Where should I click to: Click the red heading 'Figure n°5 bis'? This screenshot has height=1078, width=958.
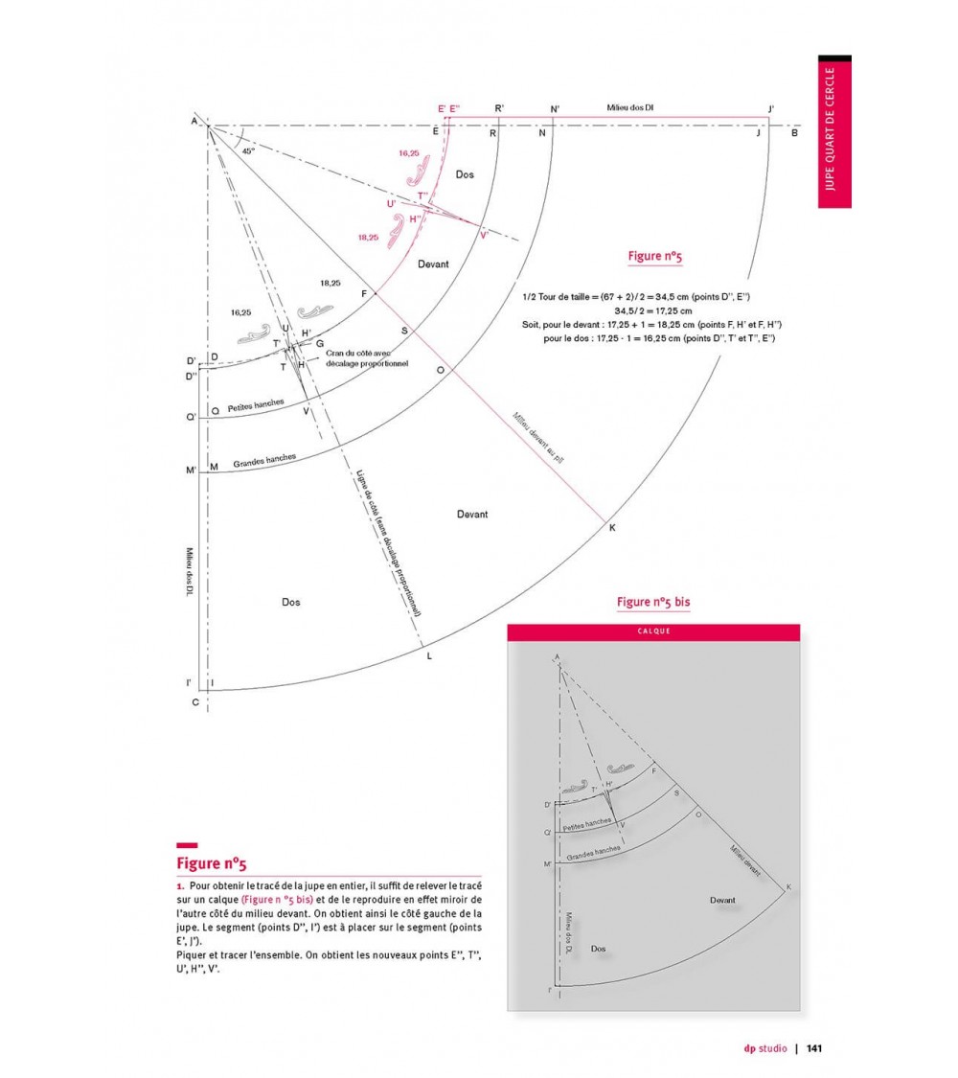(x=653, y=602)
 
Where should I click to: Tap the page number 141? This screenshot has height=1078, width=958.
(x=814, y=1048)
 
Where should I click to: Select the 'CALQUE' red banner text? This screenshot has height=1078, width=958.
(x=653, y=631)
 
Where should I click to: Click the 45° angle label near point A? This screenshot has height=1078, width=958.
(x=249, y=151)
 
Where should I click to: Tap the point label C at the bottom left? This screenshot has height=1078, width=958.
(x=195, y=702)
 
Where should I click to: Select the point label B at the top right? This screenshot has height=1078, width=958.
(x=794, y=133)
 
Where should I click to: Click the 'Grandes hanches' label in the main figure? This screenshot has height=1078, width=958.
(x=264, y=460)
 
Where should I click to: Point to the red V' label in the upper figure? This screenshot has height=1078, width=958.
(x=485, y=235)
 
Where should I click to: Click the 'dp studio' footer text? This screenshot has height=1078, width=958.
(x=764, y=1048)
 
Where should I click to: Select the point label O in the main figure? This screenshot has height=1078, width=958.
(x=440, y=370)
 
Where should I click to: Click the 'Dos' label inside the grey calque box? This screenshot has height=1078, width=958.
(x=599, y=949)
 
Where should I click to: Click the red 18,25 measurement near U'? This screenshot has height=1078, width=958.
(x=368, y=237)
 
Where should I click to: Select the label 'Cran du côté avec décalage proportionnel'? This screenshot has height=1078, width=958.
(x=367, y=359)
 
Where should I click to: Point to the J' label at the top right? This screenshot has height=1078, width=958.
(x=771, y=108)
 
